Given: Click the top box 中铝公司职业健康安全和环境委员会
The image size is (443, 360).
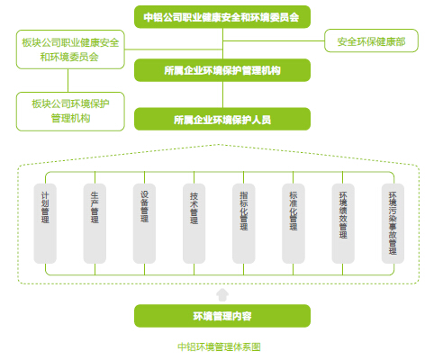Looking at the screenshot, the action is (222, 17).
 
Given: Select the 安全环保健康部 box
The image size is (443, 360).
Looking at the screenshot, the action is (371, 40).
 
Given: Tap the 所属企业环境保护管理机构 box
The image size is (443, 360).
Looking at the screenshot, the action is (222, 70).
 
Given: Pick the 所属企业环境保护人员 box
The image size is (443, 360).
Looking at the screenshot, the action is (222, 119).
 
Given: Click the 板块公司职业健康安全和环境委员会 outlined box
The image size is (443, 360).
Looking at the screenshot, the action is (70, 49).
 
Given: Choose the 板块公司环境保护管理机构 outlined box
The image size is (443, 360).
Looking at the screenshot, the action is (70, 112).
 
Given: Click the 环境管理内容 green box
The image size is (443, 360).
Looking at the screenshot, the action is (222, 316).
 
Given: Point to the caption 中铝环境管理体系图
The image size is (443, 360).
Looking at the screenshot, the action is (219, 346).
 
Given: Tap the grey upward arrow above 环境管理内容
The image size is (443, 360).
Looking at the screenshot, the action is (222, 295).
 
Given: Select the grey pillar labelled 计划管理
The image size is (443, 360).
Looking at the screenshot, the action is (45, 223).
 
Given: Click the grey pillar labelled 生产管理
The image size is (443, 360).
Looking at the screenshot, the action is (95, 223).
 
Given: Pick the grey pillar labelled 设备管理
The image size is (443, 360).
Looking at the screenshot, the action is (144, 223).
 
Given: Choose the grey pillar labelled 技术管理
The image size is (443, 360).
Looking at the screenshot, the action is (194, 223).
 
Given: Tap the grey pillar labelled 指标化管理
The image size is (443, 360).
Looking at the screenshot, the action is (244, 223).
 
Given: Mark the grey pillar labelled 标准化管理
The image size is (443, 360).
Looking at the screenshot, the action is (294, 223).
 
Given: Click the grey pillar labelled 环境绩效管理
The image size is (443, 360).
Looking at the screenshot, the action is (343, 223).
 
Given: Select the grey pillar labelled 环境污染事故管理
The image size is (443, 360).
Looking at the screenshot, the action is (393, 223).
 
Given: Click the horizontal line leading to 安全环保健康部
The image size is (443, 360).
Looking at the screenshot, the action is (274, 40).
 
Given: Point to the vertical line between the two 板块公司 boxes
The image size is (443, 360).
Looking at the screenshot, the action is (68, 80).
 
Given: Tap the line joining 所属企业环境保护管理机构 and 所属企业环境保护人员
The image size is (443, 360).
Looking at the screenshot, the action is (222, 94).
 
